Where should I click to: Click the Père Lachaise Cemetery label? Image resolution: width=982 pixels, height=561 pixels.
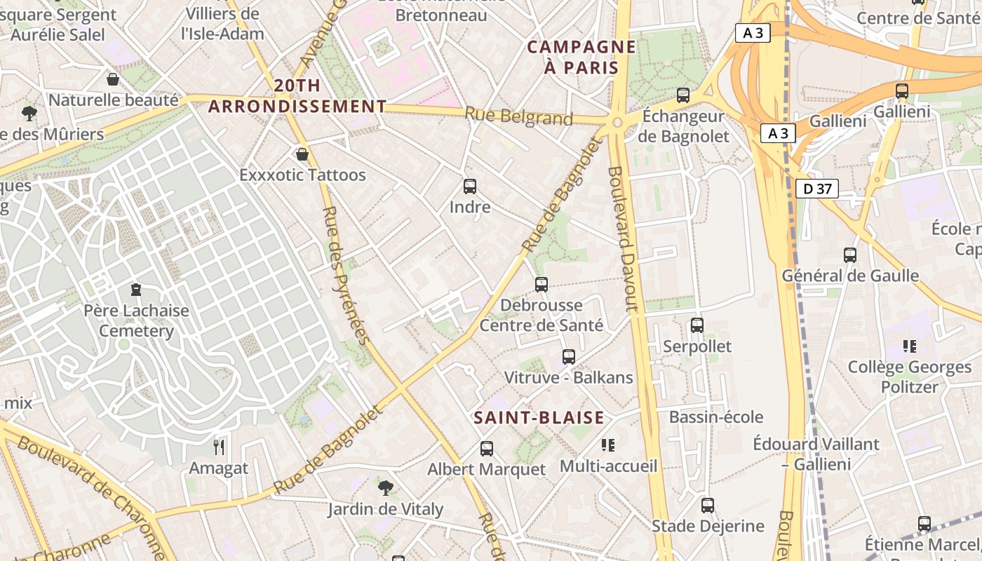[137, 320]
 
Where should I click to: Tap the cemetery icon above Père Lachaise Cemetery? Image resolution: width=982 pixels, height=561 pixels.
[136, 289]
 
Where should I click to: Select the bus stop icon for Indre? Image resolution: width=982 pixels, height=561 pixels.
[470, 187]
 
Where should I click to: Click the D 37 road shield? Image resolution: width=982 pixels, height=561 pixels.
[817, 188]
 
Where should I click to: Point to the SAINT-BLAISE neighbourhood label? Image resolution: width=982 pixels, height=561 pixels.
[539, 418]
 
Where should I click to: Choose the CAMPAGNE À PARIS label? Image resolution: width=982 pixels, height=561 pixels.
[581, 58]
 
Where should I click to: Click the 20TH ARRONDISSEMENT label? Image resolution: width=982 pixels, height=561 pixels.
[297, 96]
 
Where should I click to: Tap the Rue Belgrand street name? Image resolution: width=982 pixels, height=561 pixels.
[519, 116]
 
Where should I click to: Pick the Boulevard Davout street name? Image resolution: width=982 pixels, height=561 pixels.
[623, 238]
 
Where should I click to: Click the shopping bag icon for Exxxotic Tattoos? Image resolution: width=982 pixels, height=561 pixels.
[302, 154]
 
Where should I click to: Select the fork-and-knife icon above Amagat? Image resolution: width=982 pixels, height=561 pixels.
[219, 446]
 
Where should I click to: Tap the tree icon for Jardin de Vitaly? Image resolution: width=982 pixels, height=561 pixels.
[385, 487]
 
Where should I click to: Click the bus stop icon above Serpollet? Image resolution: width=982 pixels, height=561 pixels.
[697, 325]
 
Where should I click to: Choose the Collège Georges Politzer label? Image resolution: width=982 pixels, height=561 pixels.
[910, 377]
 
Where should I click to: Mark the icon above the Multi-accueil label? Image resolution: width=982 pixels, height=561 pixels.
[608, 445]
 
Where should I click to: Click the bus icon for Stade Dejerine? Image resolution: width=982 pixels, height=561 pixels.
[707, 505]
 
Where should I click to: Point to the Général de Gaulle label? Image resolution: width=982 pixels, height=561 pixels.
[850, 276]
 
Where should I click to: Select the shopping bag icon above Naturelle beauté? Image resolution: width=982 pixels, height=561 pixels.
[113, 79]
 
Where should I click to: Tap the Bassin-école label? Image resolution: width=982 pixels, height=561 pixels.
[715, 417]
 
